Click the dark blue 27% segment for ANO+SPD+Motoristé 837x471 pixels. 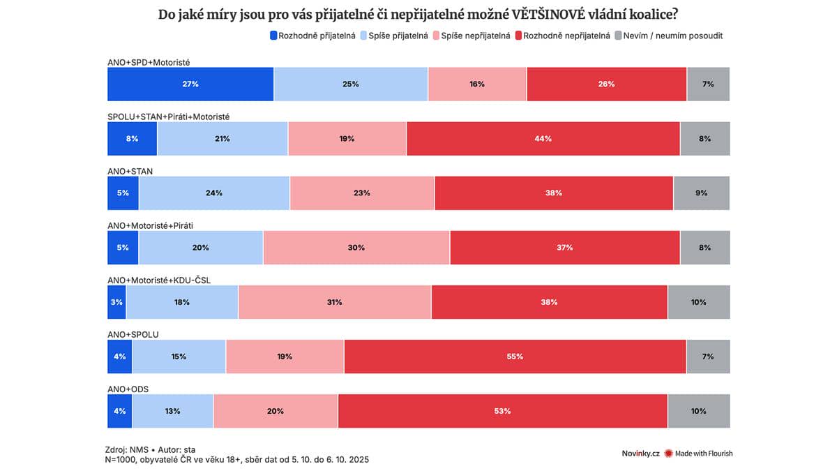(190, 84)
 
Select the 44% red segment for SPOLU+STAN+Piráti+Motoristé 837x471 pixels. (543, 139)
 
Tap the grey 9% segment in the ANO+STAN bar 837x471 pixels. (701, 193)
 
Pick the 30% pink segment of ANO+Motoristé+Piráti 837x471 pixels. (356, 248)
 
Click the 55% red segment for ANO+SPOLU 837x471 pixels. (515, 357)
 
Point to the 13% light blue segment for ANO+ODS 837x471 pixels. (173, 411)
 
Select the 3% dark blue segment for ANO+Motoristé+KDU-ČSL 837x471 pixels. (116, 302)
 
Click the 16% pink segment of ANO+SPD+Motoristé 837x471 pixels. (477, 84)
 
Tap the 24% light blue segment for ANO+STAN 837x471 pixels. (214, 193)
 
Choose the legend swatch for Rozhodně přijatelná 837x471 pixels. (273, 36)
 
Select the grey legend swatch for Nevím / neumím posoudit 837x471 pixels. (619, 36)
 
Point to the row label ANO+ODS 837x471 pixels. (128, 389)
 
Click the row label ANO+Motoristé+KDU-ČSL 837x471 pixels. (159, 280)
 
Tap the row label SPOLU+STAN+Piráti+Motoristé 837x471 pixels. (168, 117)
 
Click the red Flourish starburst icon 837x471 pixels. (668, 454)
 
